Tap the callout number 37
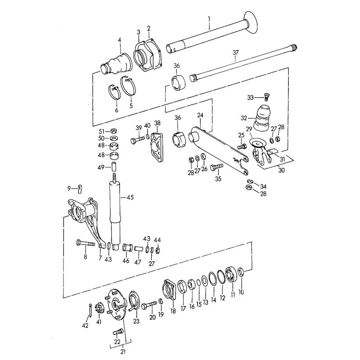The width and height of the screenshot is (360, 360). click(x=235, y=53)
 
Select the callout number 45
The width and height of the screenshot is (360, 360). click(x=130, y=197)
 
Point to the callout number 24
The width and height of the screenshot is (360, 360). click(x=201, y=116)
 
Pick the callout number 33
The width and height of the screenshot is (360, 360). click(x=250, y=97)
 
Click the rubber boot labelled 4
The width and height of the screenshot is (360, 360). click(x=117, y=63)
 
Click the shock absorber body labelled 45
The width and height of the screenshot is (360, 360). click(x=115, y=212)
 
